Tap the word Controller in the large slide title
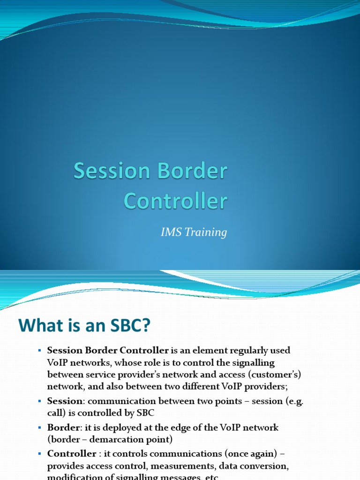pyautogui.click(x=175, y=201)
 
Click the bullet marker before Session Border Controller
pyautogui.click(x=40, y=351)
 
